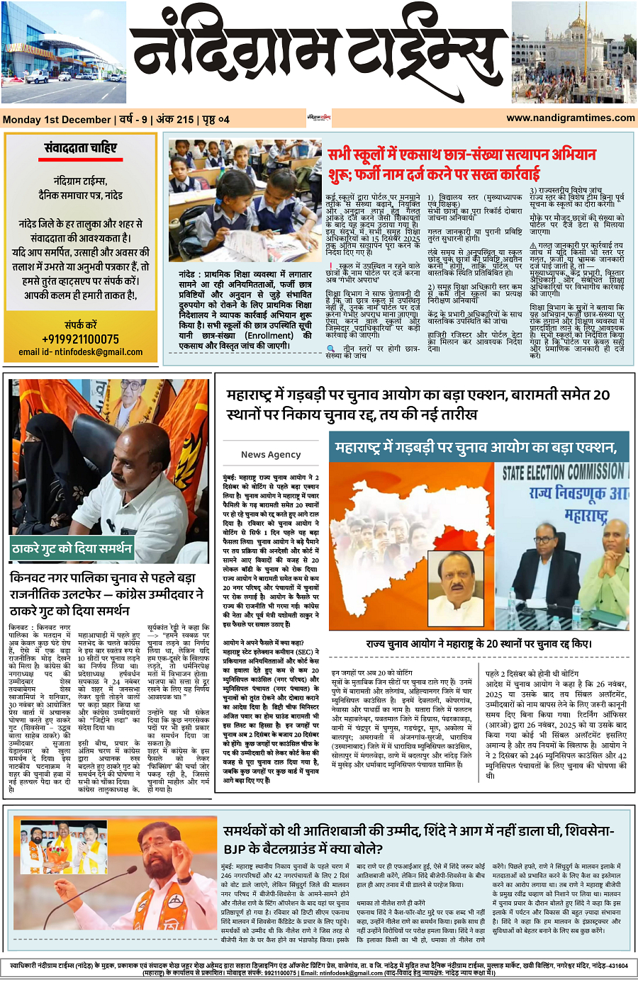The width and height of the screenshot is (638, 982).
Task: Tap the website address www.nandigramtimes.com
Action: pos(571,118)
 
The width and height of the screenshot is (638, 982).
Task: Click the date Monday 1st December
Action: pos(57,120)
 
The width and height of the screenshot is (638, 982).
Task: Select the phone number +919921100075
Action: pos(80,339)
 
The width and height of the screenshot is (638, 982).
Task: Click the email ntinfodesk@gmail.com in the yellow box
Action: pos(80,351)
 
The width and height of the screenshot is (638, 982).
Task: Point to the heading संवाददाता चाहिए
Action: pos(80,148)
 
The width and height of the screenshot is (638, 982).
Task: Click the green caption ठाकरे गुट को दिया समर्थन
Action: pos(72,548)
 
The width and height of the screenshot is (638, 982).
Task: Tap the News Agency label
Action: pos(271,454)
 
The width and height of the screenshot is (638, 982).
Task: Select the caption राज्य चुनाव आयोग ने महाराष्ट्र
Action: pos(478,644)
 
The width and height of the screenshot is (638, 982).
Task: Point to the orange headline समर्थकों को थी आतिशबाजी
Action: pos(418,840)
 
